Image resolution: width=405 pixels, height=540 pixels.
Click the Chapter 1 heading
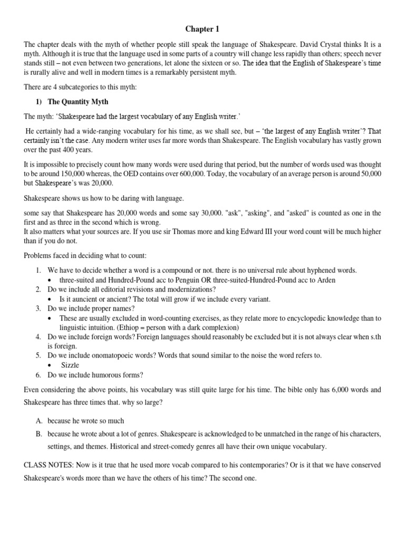pos(203,28)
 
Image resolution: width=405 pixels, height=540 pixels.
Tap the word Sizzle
pos(71,364)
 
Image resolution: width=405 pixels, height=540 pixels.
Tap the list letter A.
pos(39,421)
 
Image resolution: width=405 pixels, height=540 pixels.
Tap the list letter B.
pos(39,434)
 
